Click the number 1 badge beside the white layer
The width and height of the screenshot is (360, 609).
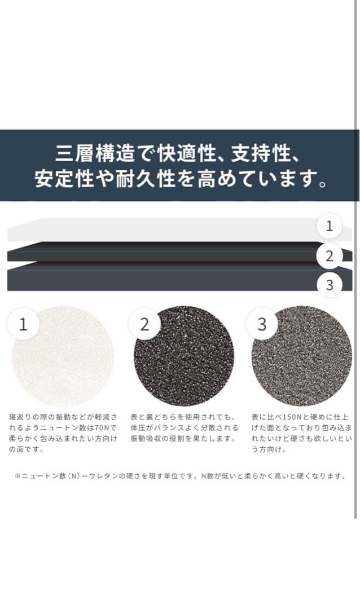point(330,226)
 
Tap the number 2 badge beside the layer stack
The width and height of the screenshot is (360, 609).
point(330,255)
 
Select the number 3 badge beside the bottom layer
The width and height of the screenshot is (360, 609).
point(330,285)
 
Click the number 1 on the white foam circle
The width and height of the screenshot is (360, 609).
point(23,324)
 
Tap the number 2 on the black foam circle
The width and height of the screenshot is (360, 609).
point(144,324)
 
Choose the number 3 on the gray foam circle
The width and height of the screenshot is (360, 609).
point(262,324)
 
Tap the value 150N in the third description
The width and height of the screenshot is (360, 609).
point(289,417)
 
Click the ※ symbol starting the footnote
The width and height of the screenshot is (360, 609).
point(17,476)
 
